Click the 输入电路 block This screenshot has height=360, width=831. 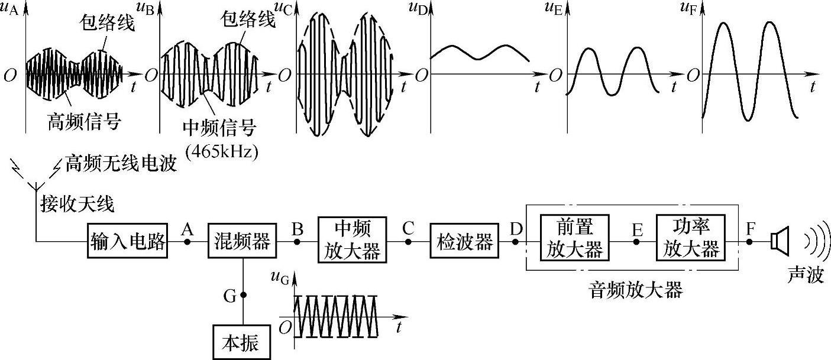tap(128, 241)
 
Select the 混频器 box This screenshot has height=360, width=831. tap(242, 241)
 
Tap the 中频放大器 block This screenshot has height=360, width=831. tap(352, 240)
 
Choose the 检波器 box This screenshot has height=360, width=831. tap(464, 241)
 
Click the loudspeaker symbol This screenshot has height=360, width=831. tap(779, 241)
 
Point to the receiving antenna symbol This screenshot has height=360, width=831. tap(35, 177)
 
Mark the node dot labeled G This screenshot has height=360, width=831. tap(243, 294)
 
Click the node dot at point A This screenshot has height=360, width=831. tap(188, 241)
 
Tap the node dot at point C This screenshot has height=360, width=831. tap(408, 241)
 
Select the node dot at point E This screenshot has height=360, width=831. tap(637, 241)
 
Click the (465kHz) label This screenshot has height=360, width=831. tap(223, 151)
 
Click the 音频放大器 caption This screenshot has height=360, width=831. tap(636, 290)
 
